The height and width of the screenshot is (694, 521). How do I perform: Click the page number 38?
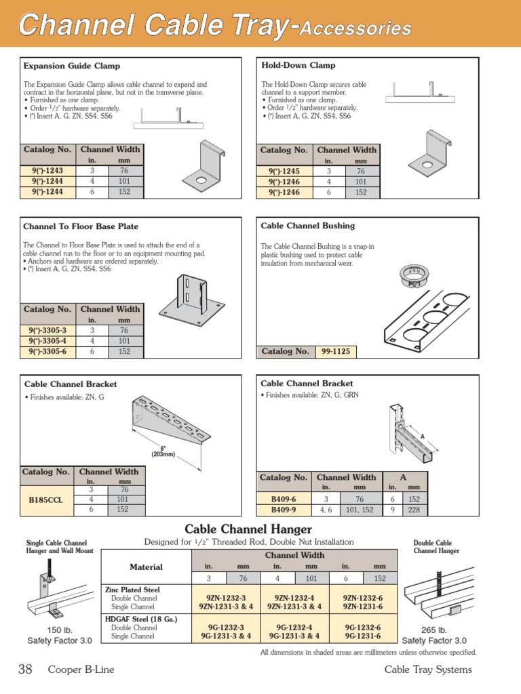coord(25,670)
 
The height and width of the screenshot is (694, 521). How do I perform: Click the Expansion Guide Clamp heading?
coord(72,66)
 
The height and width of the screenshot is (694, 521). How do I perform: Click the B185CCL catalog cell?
coord(46,499)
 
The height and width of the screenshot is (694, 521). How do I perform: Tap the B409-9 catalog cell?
coord(284,510)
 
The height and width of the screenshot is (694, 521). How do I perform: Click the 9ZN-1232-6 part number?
coord(362,598)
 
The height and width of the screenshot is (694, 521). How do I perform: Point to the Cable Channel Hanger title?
coord(248,529)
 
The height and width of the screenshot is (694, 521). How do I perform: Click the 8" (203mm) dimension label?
coord(163,451)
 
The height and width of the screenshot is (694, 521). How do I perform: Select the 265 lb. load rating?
coord(434,630)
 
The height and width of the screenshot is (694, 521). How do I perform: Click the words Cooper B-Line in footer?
coord(81,670)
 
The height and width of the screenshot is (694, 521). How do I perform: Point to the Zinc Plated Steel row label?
coord(132,590)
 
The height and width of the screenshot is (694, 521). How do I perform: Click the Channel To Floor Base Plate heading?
coord(81,226)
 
